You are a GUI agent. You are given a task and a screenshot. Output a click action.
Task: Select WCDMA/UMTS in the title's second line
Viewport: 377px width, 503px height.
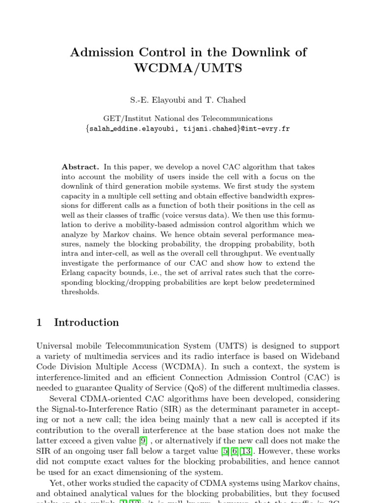coord(188,68)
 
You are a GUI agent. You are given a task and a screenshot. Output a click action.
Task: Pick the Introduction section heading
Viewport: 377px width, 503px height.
coord(86,323)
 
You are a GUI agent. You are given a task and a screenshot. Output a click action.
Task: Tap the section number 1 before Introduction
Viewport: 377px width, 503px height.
coord(40,323)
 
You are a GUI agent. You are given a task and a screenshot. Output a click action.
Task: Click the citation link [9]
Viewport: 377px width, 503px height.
coord(143,441)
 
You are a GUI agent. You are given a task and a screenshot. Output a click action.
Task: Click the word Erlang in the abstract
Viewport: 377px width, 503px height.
coord(74,273)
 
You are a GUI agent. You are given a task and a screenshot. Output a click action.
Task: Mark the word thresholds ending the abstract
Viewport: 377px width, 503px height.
coord(80,292)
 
